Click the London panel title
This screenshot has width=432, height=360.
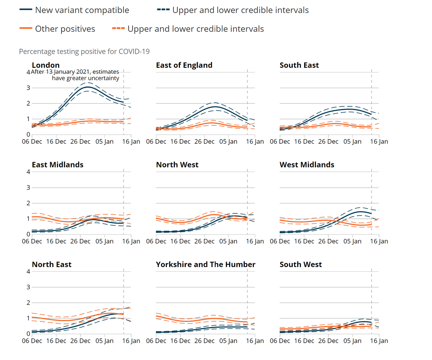(46, 65)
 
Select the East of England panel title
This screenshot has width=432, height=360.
(184, 65)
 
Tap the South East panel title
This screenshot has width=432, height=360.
(299, 65)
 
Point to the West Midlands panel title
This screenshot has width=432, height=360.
(307, 165)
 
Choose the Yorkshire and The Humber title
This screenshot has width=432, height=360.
(206, 265)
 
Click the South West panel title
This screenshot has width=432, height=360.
(301, 265)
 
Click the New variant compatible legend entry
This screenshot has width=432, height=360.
(82, 10)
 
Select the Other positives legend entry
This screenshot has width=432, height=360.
(65, 29)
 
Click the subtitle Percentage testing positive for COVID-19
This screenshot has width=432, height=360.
(84, 52)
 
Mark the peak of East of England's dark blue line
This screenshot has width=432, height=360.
(215, 107)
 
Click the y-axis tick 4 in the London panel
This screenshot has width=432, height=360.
(28, 72)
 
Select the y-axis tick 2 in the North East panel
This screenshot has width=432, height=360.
(28, 303)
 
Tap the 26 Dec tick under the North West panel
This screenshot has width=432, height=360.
(204, 241)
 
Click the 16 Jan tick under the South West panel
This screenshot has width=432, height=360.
(379, 341)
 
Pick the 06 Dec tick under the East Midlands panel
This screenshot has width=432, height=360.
(31, 241)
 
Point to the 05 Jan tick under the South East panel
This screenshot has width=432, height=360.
(352, 142)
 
